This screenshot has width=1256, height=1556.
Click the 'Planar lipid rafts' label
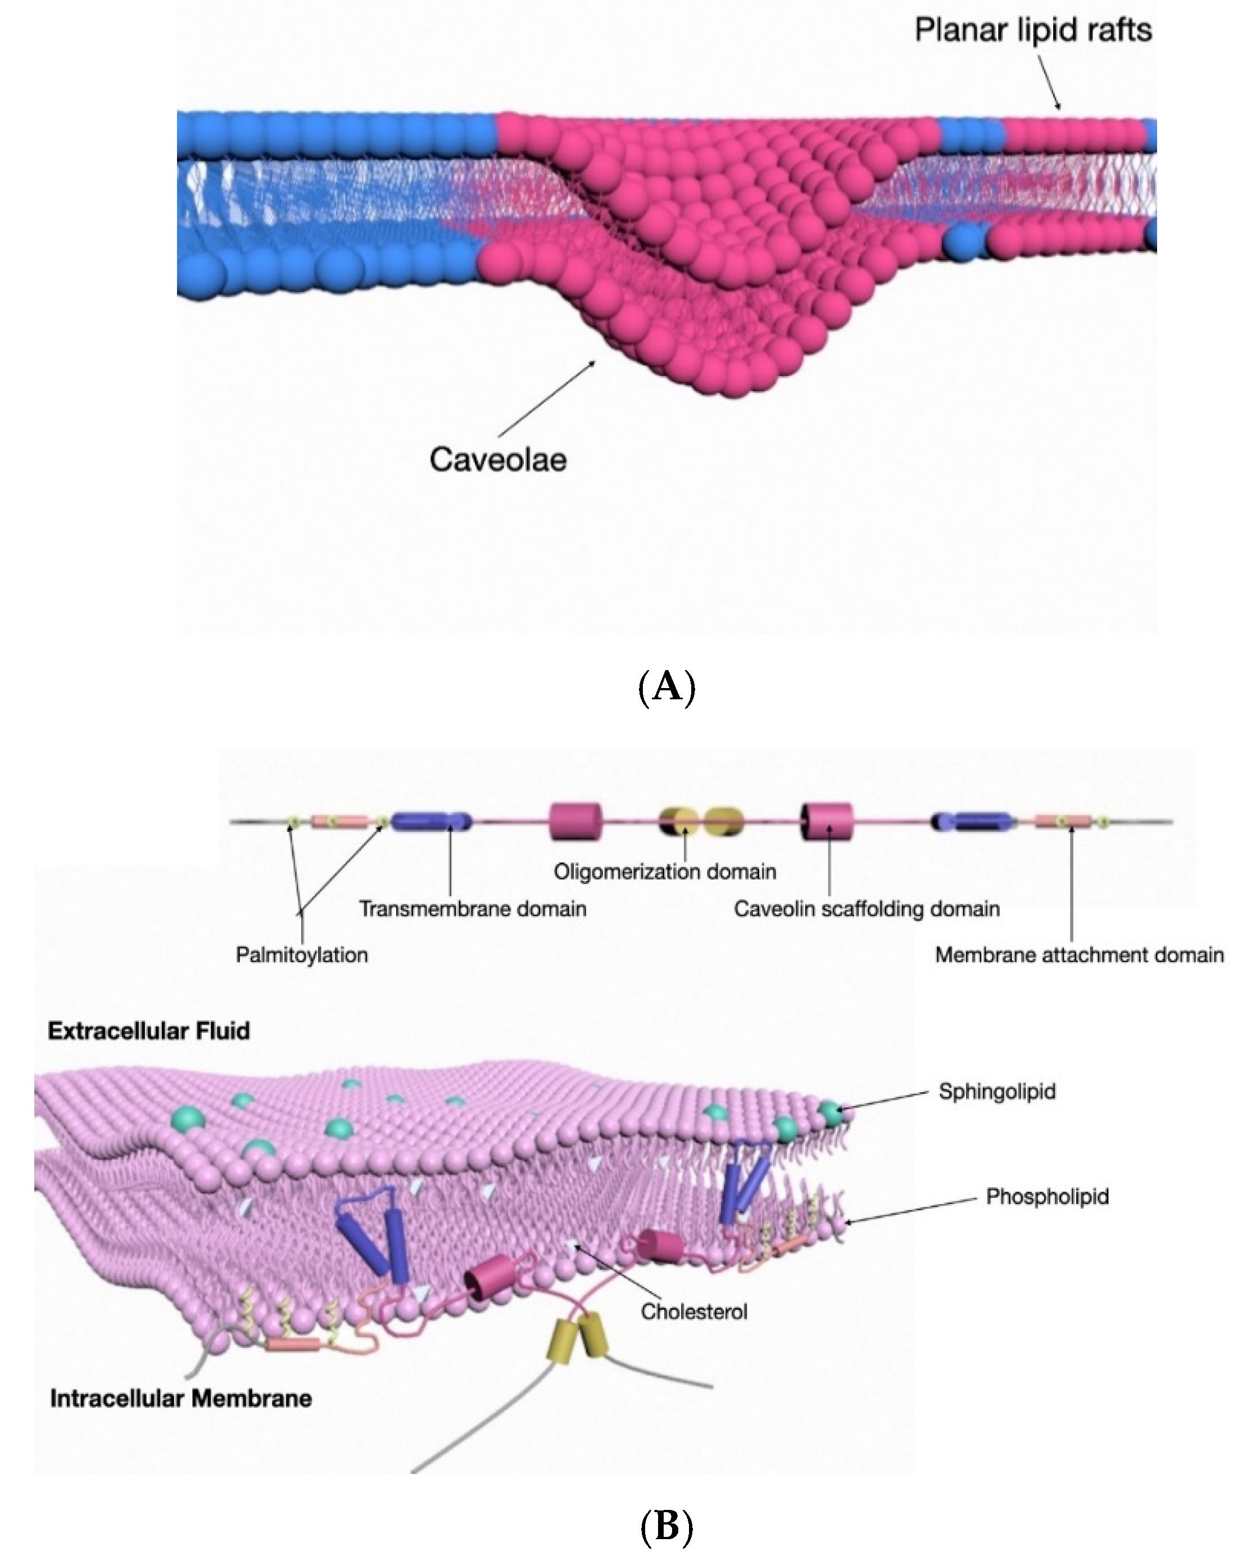(x=1032, y=31)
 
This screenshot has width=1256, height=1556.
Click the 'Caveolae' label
(x=498, y=460)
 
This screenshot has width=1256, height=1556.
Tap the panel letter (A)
(x=666, y=686)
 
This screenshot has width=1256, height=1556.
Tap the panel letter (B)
(x=666, y=1526)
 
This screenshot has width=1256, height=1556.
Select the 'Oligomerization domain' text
(x=665, y=871)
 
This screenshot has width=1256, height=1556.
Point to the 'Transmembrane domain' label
(x=473, y=909)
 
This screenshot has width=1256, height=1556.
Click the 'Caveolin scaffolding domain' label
(x=866, y=909)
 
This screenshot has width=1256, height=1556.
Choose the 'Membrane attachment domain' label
(x=1079, y=955)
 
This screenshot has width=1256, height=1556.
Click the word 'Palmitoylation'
(x=302, y=955)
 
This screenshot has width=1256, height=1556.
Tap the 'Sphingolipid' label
(x=996, y=1091)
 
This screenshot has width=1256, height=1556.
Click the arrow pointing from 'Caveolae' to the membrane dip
(x=547, y=397)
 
